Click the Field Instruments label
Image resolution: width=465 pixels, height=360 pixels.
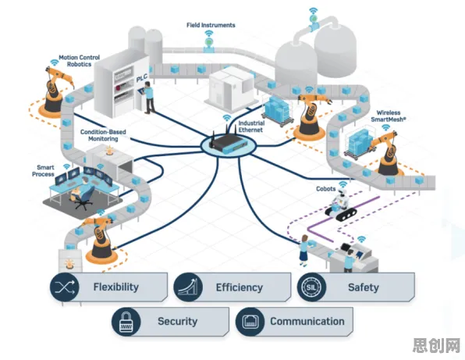[211, 25]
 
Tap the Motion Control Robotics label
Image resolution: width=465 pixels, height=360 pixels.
[79, 61]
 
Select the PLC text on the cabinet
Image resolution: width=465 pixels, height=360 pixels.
[142, 78]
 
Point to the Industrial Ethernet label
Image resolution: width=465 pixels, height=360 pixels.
[251, 127]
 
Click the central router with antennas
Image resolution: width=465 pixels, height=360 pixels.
[228, 143]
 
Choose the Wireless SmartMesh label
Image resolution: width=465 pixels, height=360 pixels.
[389, 116]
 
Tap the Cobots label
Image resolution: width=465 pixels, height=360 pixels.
[325, 189]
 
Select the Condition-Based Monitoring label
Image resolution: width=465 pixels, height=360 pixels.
[103, 135]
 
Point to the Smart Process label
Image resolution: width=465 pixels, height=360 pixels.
[43, 171]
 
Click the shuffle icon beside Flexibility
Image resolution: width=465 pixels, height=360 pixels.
[64, 287]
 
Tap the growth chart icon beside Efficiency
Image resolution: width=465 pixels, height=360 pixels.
[188, 287]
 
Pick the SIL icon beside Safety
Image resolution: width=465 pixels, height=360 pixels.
[311, 287]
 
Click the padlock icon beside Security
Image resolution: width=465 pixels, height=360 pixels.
[126, 322]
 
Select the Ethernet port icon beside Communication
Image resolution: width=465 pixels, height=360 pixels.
[250, 322]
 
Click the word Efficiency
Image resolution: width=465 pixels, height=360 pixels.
[240, 287]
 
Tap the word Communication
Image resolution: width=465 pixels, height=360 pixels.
[307, 321]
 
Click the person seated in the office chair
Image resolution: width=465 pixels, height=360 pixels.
[78, 189]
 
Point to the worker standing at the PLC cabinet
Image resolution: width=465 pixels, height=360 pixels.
[149, 98]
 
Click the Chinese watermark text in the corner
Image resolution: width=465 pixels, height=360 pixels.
[436, 345]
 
